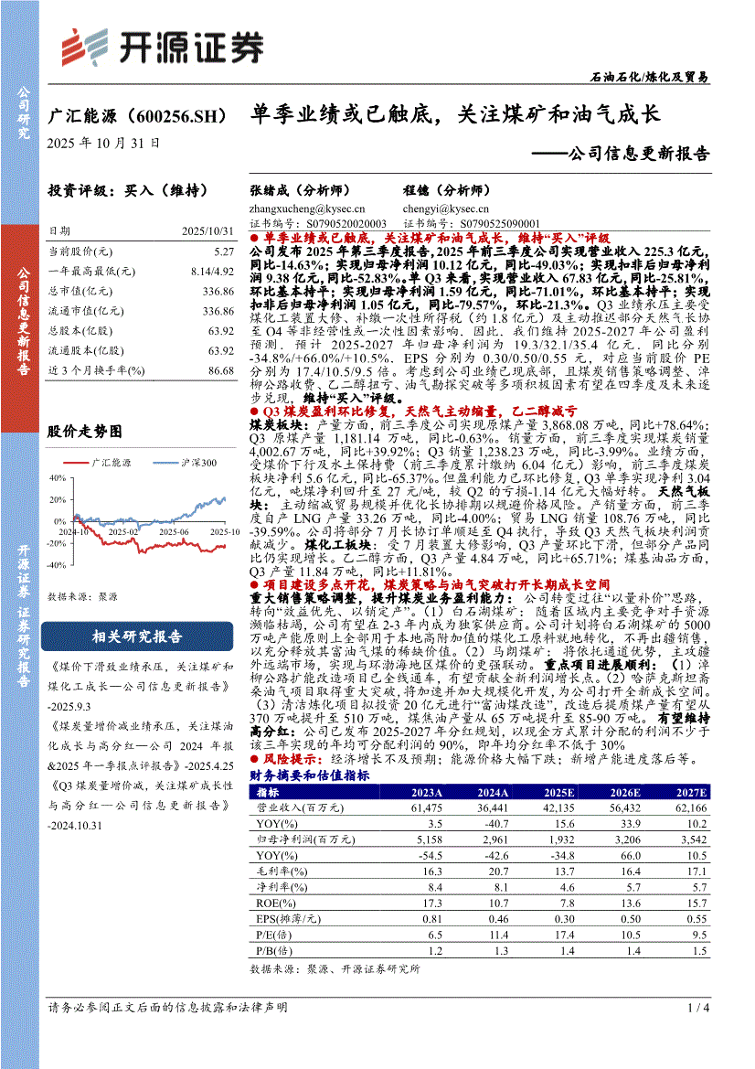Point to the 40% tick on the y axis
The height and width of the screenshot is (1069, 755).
(58, 477)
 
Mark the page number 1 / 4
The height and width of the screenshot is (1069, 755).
(697, 1008)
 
